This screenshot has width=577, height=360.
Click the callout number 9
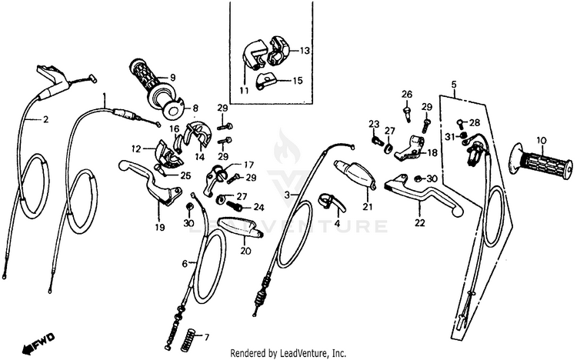[x=173, y=78]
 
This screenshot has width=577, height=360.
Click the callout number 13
[x=305, y=51]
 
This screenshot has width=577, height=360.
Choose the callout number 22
[x=420, y=224]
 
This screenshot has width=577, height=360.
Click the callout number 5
[x=454, y=83]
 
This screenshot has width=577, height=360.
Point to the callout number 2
[x=45, y=120]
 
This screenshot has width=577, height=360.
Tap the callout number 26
[x=407, y=95]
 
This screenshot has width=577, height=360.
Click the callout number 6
[x=184, y=264]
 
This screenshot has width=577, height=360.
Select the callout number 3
[x=288, y=196]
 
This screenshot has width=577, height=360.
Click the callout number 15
[x=297, y=80]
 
